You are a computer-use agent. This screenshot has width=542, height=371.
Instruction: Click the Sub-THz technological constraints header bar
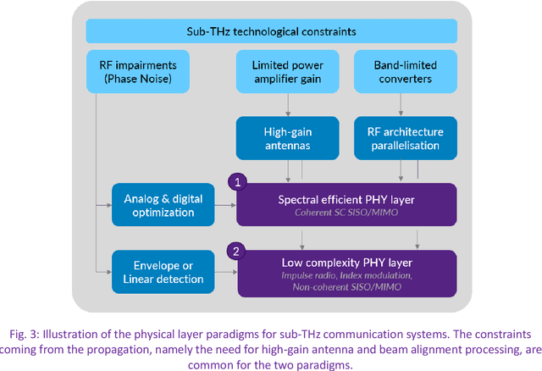pyautogui.click(x=272, y=31)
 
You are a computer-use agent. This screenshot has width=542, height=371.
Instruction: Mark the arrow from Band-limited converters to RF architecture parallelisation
pyautogui.click(x=403, y=105)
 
